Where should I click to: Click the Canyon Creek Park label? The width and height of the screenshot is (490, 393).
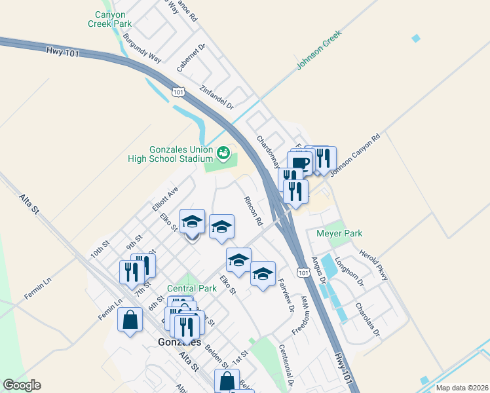pyautogui.click(x=109, y=19)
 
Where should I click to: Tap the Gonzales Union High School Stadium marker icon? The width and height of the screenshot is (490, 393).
pyautogui.click(x=223, y=153)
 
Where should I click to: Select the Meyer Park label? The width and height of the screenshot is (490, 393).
pyautogui.click(x=339, y=233)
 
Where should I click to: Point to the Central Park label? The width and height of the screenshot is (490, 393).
pyautogui.click(x=191, y=288)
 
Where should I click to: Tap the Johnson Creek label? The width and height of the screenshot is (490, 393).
pyautogui.click(x=319, y=50)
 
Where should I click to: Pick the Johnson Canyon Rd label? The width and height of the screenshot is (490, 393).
pyautogui.click(x=356, y=156)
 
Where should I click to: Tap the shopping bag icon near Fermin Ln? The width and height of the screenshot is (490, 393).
pyautogui.click(x=130, y=320)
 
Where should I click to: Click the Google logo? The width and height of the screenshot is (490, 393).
pyautogui.click(x=22, y=385)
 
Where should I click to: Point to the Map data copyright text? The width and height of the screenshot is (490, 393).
pyautogui.click(x=462, y=388)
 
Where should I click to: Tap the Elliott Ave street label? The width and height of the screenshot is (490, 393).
pyautogui.click(x=165, y=198)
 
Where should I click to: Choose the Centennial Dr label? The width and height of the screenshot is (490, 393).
pyautogui.click(x=286, y=364)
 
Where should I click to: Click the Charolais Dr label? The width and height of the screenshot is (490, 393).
pyautogui.click(x=367, y=318)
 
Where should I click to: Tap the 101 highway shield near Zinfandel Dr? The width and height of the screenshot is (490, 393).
pyautogui.click(x=178, y=92)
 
